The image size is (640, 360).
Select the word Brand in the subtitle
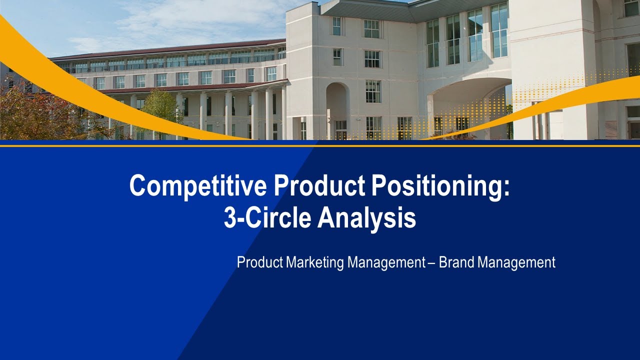456,262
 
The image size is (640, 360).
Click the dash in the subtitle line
431,263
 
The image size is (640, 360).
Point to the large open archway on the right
470,107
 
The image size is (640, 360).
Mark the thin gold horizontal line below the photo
320,145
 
